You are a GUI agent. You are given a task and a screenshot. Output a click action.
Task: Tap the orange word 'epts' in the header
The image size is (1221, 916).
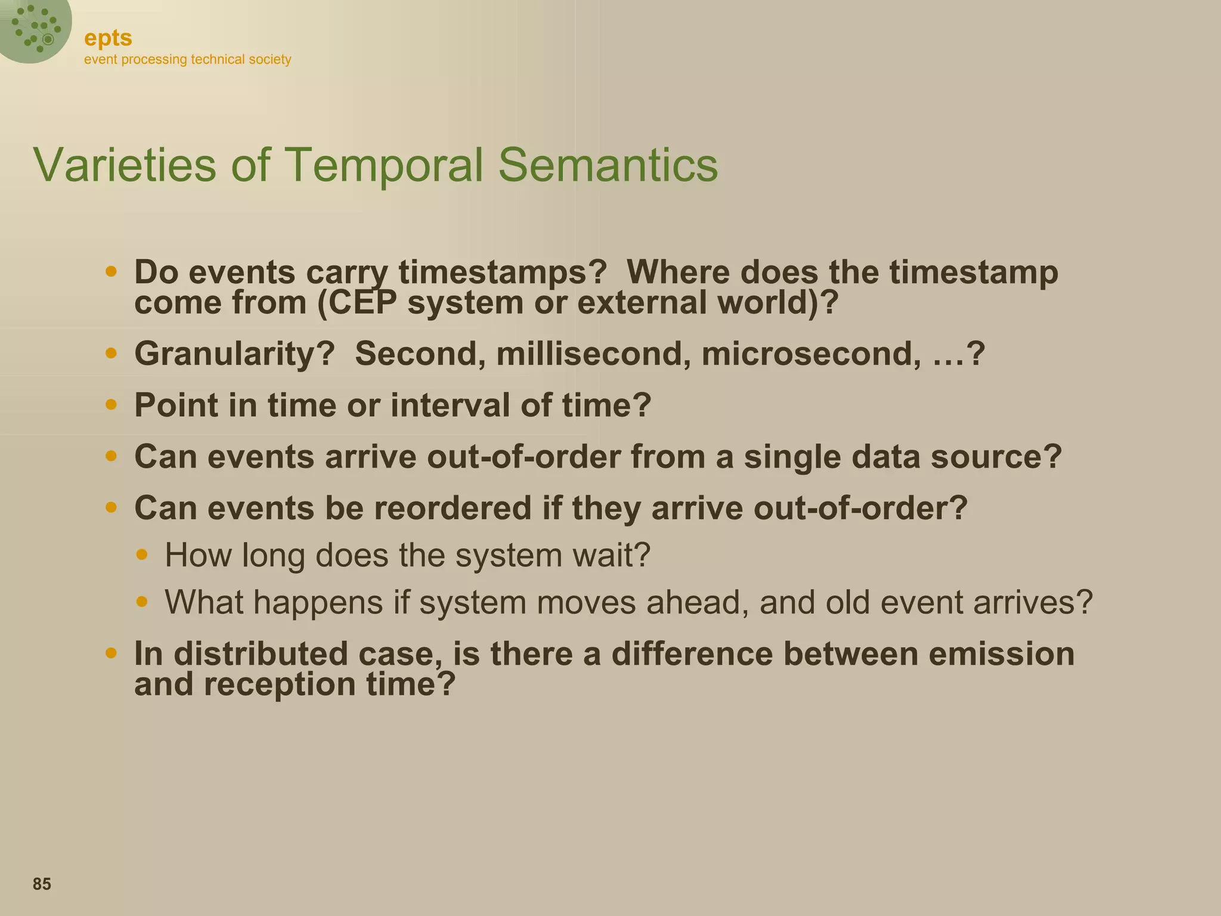click(108, 38)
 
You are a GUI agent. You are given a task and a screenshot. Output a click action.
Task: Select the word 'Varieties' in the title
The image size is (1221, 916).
click(125, 165)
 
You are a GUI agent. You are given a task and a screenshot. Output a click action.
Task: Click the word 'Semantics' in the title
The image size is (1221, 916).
click(608, 165)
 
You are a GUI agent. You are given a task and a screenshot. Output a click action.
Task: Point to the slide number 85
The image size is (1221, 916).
click(42, 884)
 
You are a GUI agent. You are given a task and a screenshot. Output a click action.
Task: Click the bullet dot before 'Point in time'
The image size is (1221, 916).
click(111, 405)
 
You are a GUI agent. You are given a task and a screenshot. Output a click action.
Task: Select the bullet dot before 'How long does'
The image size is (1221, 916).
click(141, 555)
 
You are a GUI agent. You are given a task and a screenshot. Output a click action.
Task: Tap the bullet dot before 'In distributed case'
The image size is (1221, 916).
click(111, 653)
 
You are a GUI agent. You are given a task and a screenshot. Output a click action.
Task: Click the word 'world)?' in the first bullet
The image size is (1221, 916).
click(777, 303)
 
